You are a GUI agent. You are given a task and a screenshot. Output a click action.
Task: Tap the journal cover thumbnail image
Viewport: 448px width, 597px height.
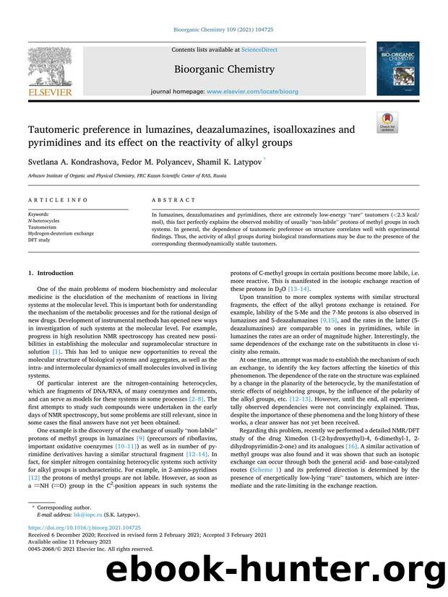click(397, 69)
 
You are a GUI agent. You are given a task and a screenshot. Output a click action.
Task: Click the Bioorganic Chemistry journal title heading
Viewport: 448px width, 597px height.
click(225, 70)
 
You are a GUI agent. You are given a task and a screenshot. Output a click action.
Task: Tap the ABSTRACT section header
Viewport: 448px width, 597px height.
click(173, 200)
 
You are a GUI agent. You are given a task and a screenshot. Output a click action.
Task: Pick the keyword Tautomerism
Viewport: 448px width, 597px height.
click(43, 227)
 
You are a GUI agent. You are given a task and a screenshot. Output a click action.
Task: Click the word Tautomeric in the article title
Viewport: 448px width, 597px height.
click(58, 130)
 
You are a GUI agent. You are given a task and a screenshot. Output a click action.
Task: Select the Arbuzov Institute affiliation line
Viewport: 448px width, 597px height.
click(116, 175)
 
